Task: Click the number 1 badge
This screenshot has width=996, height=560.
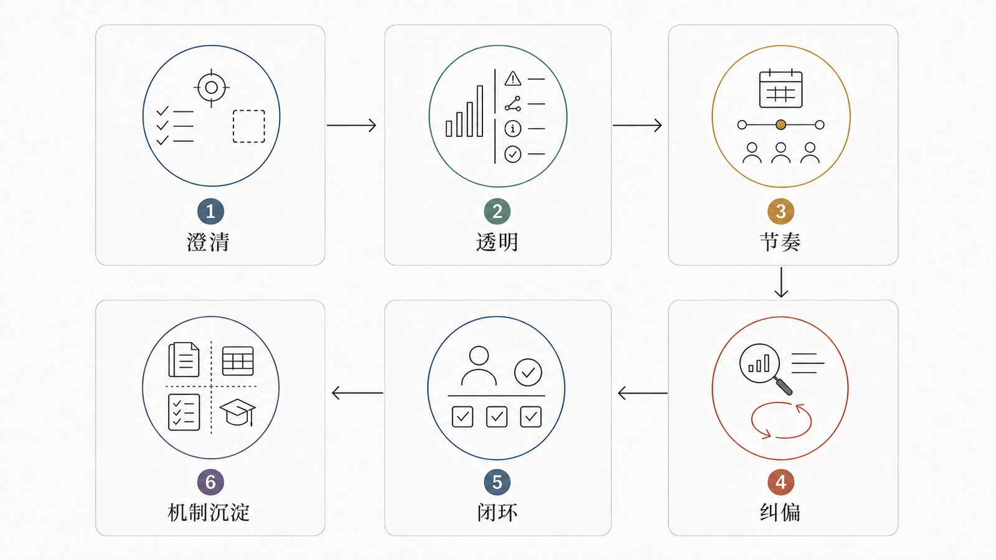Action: click(x=210, y=211)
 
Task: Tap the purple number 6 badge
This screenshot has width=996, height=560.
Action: click(x=210, y=482)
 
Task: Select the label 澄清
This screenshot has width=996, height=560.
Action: click(x=208, y=242)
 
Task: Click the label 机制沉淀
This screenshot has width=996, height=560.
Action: click(x=209, y=513)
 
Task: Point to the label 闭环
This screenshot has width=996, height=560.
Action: click(x=497, y=513)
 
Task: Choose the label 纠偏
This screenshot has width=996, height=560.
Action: click(x=781, y=513)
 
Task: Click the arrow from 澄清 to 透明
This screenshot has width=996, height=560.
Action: click(x=351, y=125)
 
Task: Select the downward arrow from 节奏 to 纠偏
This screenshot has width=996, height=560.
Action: click(x=781, y=282)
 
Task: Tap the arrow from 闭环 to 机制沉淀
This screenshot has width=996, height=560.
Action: click(x=357, y=393)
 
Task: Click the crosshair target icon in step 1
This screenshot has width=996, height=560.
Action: click(x=212, y=88)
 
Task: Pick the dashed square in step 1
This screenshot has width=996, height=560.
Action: click(x=249, y=126)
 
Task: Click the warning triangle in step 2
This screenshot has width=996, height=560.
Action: click(x=513, y=78)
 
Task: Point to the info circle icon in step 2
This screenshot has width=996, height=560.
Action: click(x=513, y=129)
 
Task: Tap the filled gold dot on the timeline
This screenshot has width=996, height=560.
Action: click(x=781, y=125)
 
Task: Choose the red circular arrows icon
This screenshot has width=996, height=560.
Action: click(x=781, y=421)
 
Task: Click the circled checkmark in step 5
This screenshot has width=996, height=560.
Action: click(x=529, y=373)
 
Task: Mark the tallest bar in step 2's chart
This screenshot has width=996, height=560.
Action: click(x=480, y=111)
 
